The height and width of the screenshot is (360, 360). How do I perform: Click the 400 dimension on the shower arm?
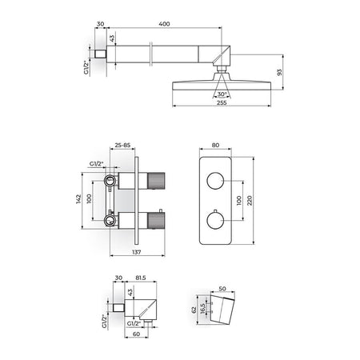tap(164, 24)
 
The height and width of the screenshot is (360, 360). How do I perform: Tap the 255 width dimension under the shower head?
tap(222, 102)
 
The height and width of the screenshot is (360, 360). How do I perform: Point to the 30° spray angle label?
tap(222, 94)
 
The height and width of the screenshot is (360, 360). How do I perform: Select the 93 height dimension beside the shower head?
tap(279, 72)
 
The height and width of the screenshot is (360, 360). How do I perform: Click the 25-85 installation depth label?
tap(122, 145)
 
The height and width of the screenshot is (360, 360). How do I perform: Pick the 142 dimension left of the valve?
tap(78, 199)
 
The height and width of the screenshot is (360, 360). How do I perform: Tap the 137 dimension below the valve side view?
tap(137, 252)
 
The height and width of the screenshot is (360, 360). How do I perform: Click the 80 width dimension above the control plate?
tap(215, 145)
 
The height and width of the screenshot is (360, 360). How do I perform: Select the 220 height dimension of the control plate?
tap(250, 201)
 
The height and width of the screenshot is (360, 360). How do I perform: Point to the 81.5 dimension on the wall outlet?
tap(141, 278)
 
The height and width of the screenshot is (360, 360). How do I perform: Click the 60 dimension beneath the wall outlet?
tap(136, 334)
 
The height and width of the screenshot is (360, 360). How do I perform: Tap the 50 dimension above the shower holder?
tap(222, 289)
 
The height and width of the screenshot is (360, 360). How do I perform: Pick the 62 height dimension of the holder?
tap(194, 310)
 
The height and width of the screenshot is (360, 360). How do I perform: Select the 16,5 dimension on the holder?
tap(202, 310)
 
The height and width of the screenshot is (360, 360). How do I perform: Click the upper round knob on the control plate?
tap(215, 181)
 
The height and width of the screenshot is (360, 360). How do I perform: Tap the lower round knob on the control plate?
tap(215, 220)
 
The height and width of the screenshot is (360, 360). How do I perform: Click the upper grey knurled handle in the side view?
tap(156, 181)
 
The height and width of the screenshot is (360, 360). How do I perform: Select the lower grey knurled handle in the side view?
tap(156, 221)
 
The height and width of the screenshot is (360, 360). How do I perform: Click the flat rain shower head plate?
tap(222, 86)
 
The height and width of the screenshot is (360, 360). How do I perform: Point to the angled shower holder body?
tap(222, 310)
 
